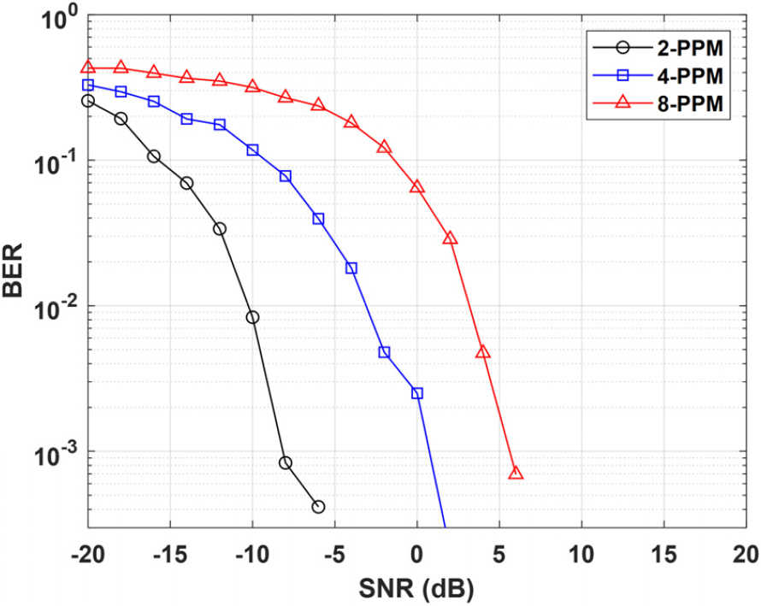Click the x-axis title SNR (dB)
pyautogui.click(x=416, y=589)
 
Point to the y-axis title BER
pyautogui.click(x=13, y=270)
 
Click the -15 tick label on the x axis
pyautogui.click(x=170, y=554)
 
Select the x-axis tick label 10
pyautogui.click(x=581, y=554)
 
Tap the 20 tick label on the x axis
pyautogui.click(x=746, y=554)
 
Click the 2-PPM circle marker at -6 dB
pyautogui.click(x=318, y=507)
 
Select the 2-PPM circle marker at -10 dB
pyautogui.click(x=252, y=317)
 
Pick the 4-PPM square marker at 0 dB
pyautogui.click(x=417, y=393)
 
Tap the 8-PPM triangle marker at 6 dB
pyautogui.click(x=516, y=473)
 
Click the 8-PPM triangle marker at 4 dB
pyautogui.click(x=483, y=352)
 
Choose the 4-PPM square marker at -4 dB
pyautogui.click(x=351, y=268)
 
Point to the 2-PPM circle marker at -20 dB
pyautogui.click(x=88, y=101)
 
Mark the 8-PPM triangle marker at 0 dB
pyautogui.click(x=417, y=187)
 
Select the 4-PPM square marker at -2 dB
pyautogui.click(x=385, y=352)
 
